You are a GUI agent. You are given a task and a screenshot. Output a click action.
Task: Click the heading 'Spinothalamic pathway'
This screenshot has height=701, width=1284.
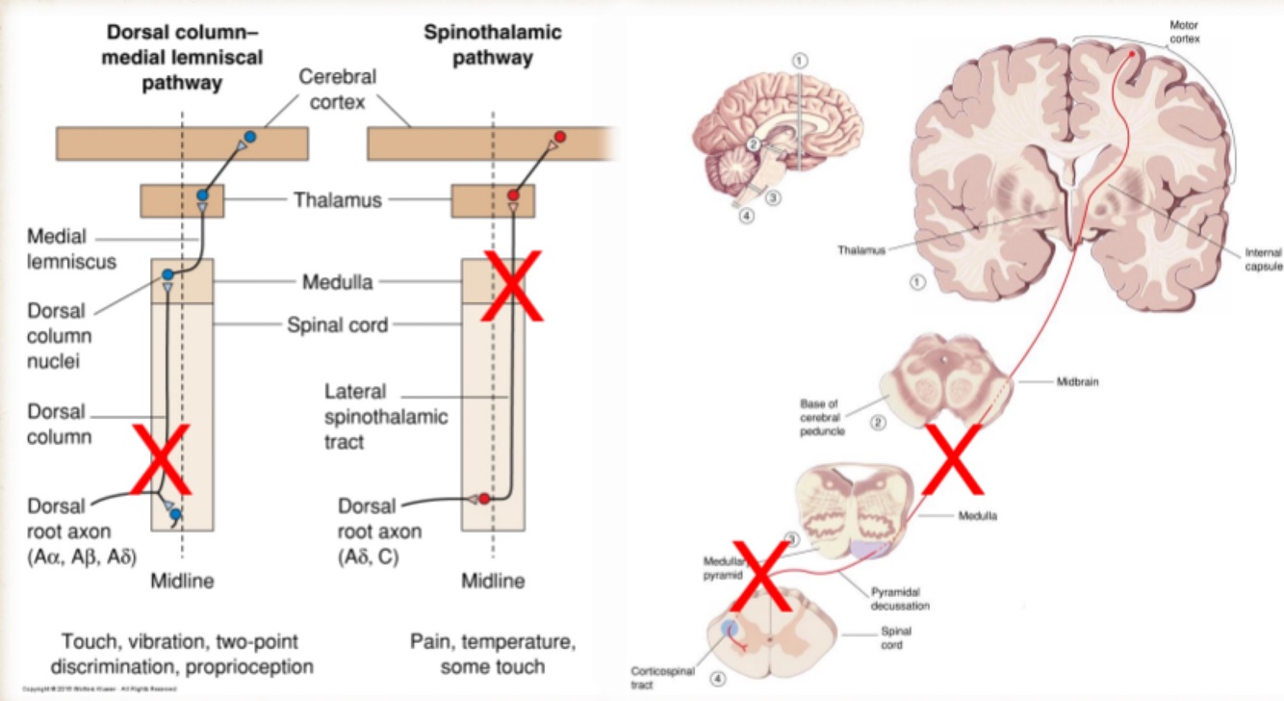pyautogui.click(x=493, y=44)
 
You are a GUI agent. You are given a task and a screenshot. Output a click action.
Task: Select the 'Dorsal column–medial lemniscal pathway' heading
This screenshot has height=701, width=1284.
pyautogui.click(x=182, y=57)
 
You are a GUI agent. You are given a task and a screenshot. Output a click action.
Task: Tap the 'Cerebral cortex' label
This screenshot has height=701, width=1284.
pyautogui.click(x=337, y=88)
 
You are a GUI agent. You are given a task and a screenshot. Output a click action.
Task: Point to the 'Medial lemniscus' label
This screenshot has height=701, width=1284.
pyautogui.click(x=57, y=247)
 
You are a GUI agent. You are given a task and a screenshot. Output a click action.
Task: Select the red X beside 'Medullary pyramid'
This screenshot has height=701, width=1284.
pyautogui.click(x=763, y=576)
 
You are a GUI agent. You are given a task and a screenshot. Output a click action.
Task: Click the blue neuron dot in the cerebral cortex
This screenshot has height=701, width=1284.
pyautogui.click(x=250, y=138)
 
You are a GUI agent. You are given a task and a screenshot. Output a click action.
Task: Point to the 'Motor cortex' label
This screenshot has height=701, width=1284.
pyautogui.click(x=1183, y=31)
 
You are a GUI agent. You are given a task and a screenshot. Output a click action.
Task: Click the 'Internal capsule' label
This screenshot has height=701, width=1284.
pyautogui.click(x=1256, y=259)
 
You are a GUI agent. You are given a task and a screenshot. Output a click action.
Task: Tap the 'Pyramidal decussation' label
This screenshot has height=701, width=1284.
pyautogui.click(x=900, y=599)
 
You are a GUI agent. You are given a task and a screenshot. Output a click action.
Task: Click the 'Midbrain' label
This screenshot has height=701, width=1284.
pyautogui.click(x=1077, y=381)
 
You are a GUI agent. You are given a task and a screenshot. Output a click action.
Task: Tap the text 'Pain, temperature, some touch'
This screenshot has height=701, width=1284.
pyautogui.click(x=492, y=654)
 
